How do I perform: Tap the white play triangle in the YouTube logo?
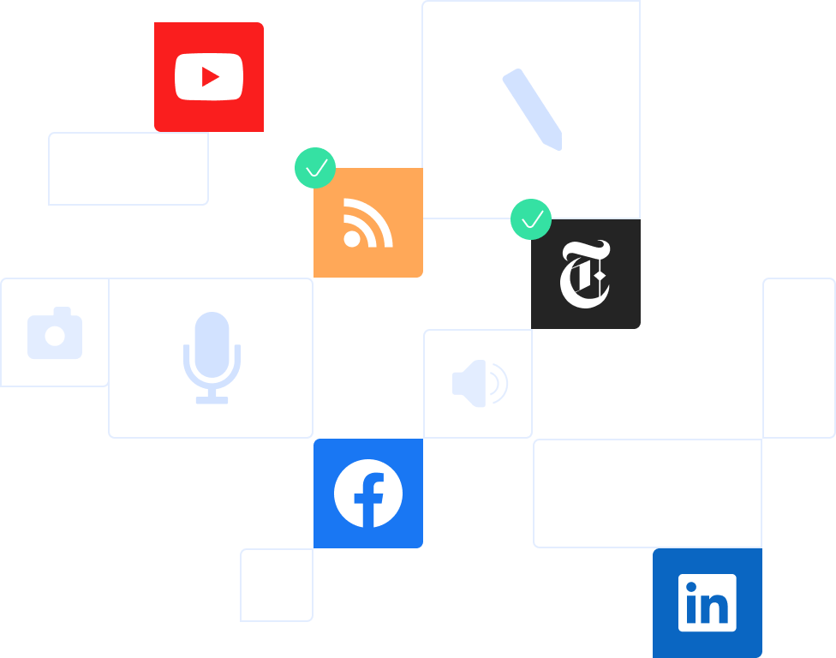[x=210, y=77]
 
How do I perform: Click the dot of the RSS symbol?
[x=352, y=238]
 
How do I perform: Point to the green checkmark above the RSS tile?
[x=315, y=168]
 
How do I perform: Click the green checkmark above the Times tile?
[x=531, y=219]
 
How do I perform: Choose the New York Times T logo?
[x=585, y=274]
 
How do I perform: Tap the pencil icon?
[x=532, y=109]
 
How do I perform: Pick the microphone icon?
[x=212, y=356]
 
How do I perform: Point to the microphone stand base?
[x=212, y=399]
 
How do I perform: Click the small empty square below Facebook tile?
[x=277, y=585]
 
